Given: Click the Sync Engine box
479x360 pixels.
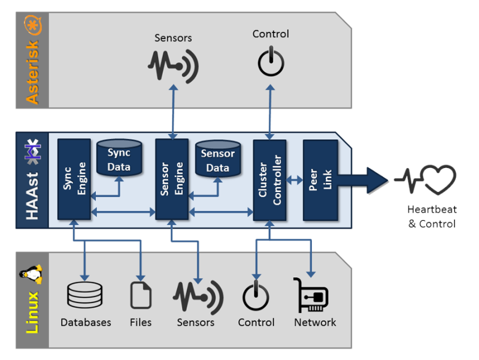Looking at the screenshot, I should pyautogui.click(x=74, y=179).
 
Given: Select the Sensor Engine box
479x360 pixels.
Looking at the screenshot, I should pyautogui.click(x=172, y=179).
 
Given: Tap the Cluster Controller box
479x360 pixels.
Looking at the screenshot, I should pyautogui.click(x=269, y=179).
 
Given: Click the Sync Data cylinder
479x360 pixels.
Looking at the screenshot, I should pyautogui.click(x=119, y=158).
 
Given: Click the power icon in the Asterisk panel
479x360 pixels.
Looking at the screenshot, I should pyautogui.click(x=271, y=61).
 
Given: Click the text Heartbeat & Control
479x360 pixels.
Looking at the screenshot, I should pyautogui.click(x=431, y=217).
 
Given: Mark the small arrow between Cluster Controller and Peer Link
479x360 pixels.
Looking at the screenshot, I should pyautogui.click(x=295, y=179).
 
